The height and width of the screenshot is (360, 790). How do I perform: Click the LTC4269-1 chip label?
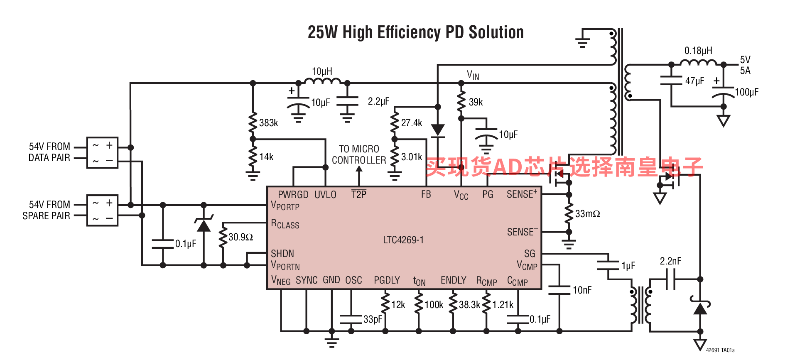[403, 240]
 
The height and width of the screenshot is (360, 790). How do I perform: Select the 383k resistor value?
[268, 123]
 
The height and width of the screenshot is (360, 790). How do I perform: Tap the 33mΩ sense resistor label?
[587, 214]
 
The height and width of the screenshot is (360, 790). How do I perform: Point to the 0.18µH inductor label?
[698, 51]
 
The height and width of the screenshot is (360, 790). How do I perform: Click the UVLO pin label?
[325, 195]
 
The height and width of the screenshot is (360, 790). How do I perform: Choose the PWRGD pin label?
[293, 195]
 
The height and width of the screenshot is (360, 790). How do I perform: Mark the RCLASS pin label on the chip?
[285, 224]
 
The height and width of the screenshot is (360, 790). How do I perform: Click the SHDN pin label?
[282, 254]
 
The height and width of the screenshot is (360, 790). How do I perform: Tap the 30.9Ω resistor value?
[240, 237]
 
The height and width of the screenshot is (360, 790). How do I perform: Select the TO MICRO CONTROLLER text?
[359, 154]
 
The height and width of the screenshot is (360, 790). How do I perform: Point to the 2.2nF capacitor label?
[670, 261]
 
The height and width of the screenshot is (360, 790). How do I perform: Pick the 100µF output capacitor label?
[746, 92]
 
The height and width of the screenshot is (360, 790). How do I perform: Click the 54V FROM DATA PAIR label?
[49, 152]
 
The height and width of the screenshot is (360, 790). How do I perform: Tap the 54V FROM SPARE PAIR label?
[47, 210]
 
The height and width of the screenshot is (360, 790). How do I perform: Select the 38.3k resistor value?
[469, 305]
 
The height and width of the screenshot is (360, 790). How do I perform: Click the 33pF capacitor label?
[373, 319]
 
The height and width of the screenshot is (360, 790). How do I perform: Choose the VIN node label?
[473, 75]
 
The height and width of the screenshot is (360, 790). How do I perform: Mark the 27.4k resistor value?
[411, 123]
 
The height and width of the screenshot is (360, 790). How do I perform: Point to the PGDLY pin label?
[387, 280]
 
